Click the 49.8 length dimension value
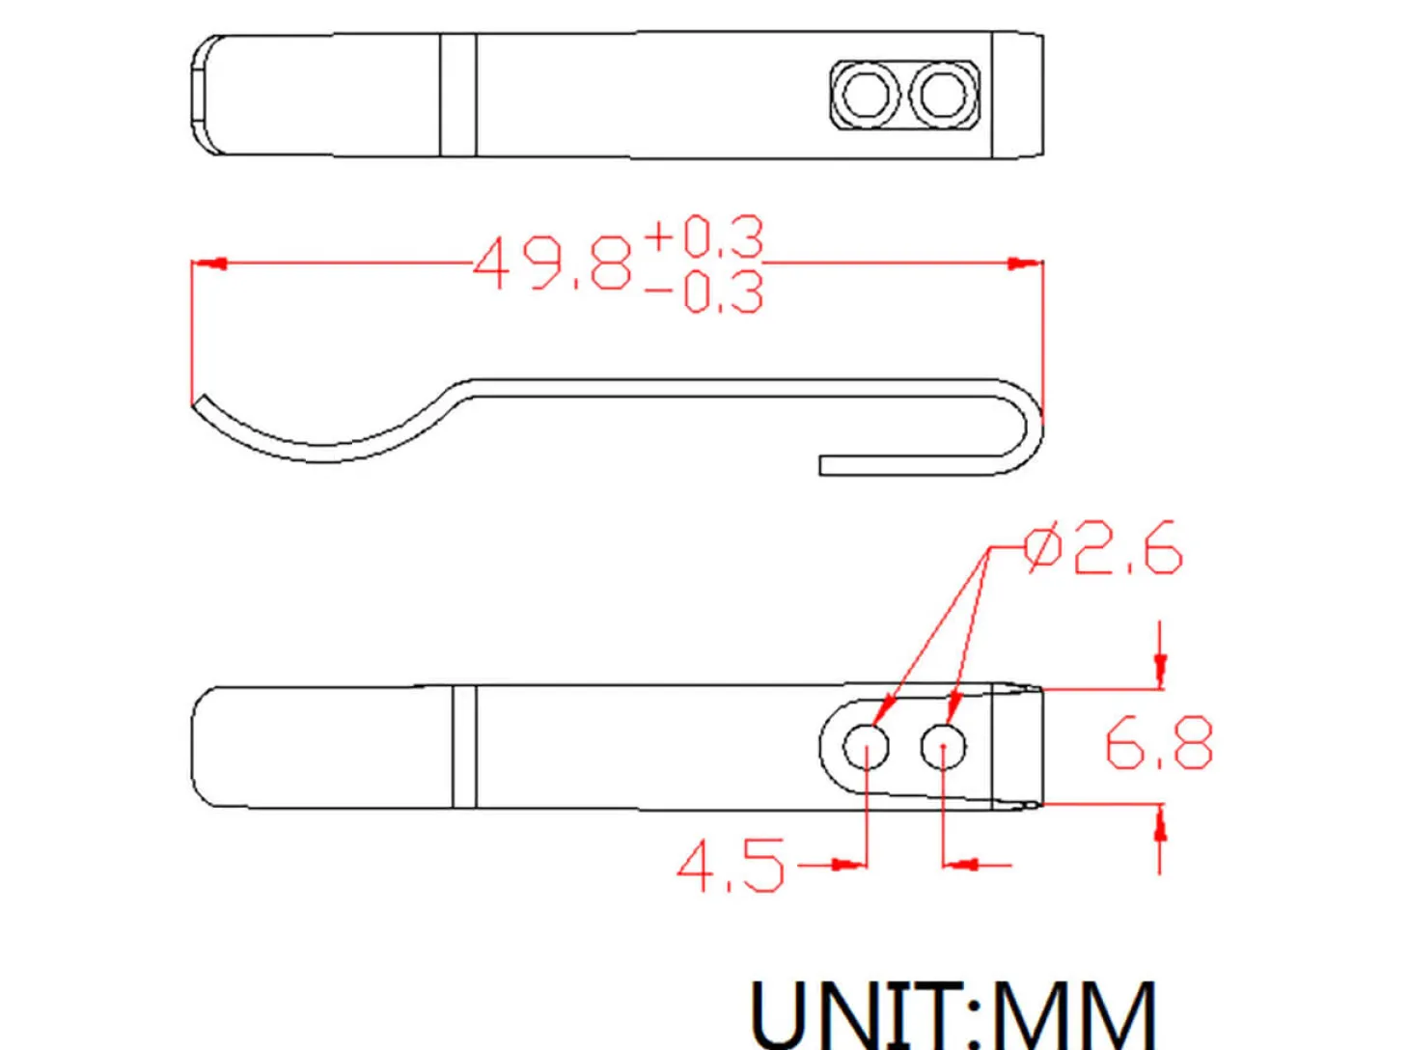click(552, 263)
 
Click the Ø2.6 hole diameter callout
click(1102, 548)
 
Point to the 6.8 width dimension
click(1159, 743)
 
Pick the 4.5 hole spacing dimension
click(731, 866)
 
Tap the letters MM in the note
click(1073, 1013)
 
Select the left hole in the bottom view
click(866, 746)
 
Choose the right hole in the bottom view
click(943, 746)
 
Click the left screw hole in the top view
click(866, 95)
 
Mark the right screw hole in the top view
click(943, 95)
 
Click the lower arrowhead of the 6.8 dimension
click(1160, 825)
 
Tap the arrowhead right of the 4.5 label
click(847, 865)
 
